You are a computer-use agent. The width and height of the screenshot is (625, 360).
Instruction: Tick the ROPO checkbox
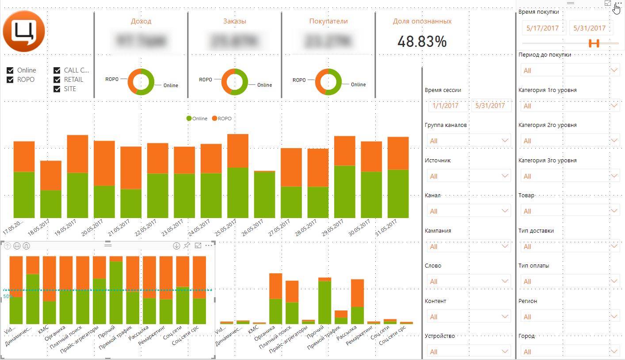click(x=10, y=80)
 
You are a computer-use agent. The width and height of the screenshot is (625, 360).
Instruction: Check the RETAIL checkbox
click(x=57, y=80)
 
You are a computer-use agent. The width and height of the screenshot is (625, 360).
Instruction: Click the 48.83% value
click(x=422, y=41)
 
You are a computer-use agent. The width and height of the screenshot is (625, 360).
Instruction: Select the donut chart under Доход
click(x=141, y=82)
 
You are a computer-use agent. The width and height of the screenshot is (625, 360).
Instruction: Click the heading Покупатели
click(x=328, y=21)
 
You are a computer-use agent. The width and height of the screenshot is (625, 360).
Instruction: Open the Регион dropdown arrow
click(x=614, y=316)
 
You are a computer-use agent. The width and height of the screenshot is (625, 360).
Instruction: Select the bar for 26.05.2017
click(x=264, y=195)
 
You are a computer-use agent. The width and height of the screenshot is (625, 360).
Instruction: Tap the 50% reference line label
click(x=8, y=296)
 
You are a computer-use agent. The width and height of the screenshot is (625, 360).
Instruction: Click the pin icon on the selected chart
click(x=187, y=245)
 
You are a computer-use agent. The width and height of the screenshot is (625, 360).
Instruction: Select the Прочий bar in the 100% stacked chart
click(x=116, y=292)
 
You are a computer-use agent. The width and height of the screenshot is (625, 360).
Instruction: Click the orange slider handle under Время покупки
click(x=594, y=43)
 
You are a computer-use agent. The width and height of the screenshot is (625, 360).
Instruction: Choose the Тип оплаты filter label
click(x=534, y=266)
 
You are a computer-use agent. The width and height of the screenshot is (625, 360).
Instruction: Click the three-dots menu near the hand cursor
click(x=617, y=3)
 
